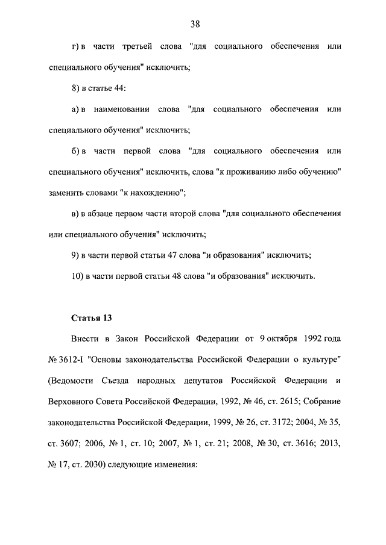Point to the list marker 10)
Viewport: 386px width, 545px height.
pyautogui.click(x=77, y=276)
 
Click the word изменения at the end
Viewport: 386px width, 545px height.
pyautogui.click(x=171, y=465)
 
